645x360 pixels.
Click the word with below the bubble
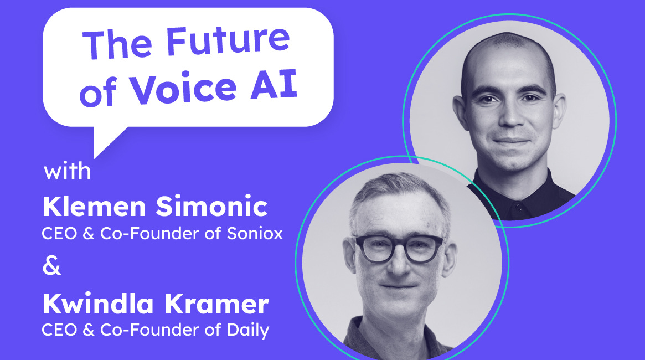tap(68, 171)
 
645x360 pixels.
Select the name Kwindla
tap(88, 305)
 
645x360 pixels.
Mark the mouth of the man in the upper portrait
tap(510, 141)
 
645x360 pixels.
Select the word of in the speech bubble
tap(98, 95)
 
